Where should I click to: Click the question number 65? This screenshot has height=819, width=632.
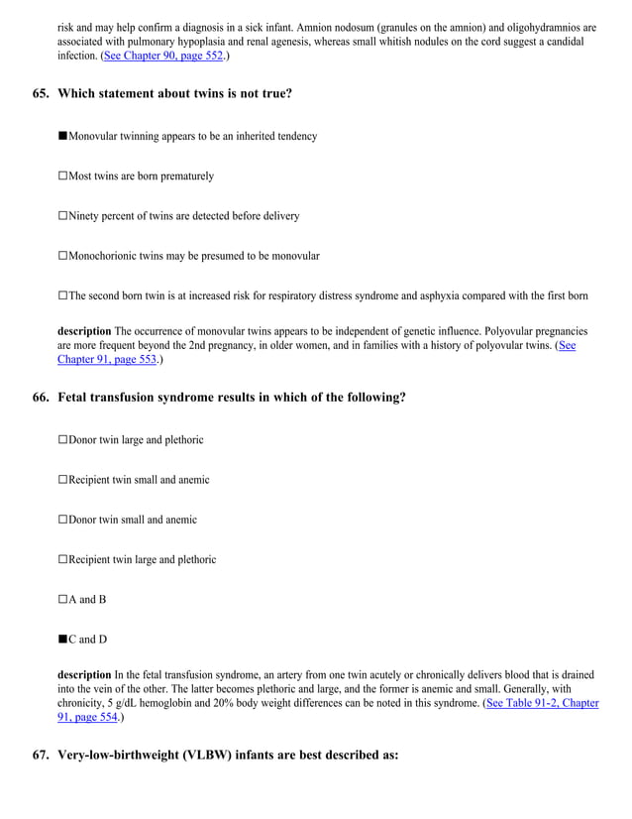click(x=41, y=93)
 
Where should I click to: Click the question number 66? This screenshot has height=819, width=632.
click(x=41, y=397)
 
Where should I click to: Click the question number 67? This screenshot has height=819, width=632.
click(x=41, y=755)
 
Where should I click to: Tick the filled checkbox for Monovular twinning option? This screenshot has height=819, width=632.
click(x=62, y=136)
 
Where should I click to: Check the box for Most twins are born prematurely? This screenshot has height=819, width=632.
click(x=62, y=176)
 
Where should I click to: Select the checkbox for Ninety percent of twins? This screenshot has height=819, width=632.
click(x=62, y=216)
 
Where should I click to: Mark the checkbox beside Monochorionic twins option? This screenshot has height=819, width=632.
click(x=62, y=256)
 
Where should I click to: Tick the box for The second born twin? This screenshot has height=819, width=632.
click(x=62, y=295)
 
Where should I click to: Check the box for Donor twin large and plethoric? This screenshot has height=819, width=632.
click(x=62, y=439)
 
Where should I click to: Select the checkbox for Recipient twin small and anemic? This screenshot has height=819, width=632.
click(x=62, y=480)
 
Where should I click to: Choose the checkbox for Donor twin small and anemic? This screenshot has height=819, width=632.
click(x=62, y=520)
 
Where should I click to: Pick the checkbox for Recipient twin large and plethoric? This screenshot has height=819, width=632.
click(x=62, y=559)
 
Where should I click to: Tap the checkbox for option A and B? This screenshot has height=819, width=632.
click(x=62, y=600)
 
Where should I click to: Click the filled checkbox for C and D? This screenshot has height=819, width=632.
click(x=62, y=640)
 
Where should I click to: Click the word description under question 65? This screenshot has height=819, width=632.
click(x=84, y=330)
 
